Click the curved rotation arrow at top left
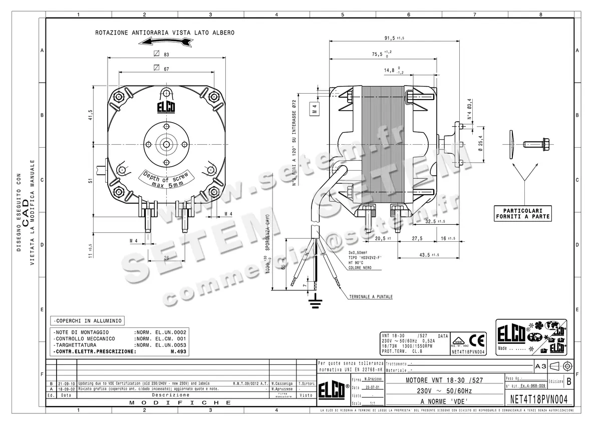[x=165, y=43]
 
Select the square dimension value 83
[x=166, y=54]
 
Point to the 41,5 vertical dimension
[x=91, y=115]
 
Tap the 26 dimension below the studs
[x=166, y=258]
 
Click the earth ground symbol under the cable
[x=315, y=300]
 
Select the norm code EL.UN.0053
[x=167, y=345]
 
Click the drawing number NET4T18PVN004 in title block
[x=539, y=399]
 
